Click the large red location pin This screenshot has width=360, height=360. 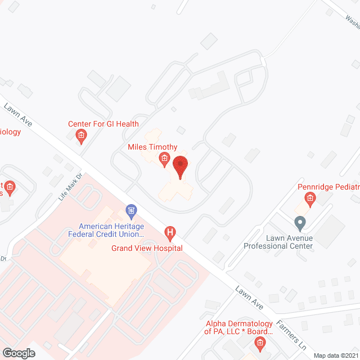180,167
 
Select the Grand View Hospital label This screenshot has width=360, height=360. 147,248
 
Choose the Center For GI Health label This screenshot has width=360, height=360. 103,124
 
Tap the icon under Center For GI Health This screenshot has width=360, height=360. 81,135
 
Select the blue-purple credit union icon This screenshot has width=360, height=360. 131,212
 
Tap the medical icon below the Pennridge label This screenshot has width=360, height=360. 309,198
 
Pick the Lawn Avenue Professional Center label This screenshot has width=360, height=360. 277,242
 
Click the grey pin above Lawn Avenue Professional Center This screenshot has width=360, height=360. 300,223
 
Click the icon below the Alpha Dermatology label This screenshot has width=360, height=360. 260,343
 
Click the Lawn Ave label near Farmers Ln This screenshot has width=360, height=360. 250,296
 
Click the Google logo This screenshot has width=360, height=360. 19,353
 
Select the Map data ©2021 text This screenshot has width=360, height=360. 336,355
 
